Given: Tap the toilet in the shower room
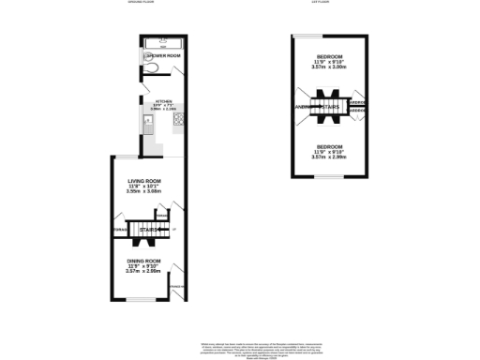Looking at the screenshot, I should tap(151, 67).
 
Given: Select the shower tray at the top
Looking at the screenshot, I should tap(163, 43).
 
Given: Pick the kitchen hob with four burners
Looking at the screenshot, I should tap(178, 119).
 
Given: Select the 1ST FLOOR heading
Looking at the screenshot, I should tap(322, 3).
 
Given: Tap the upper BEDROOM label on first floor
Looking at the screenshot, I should tap(329, 58).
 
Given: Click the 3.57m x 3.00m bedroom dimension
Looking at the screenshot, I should tap(329, 69).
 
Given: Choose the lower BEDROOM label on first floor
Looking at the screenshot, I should tap(329, 146).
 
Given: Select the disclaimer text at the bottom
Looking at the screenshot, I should tap(239, 346).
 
